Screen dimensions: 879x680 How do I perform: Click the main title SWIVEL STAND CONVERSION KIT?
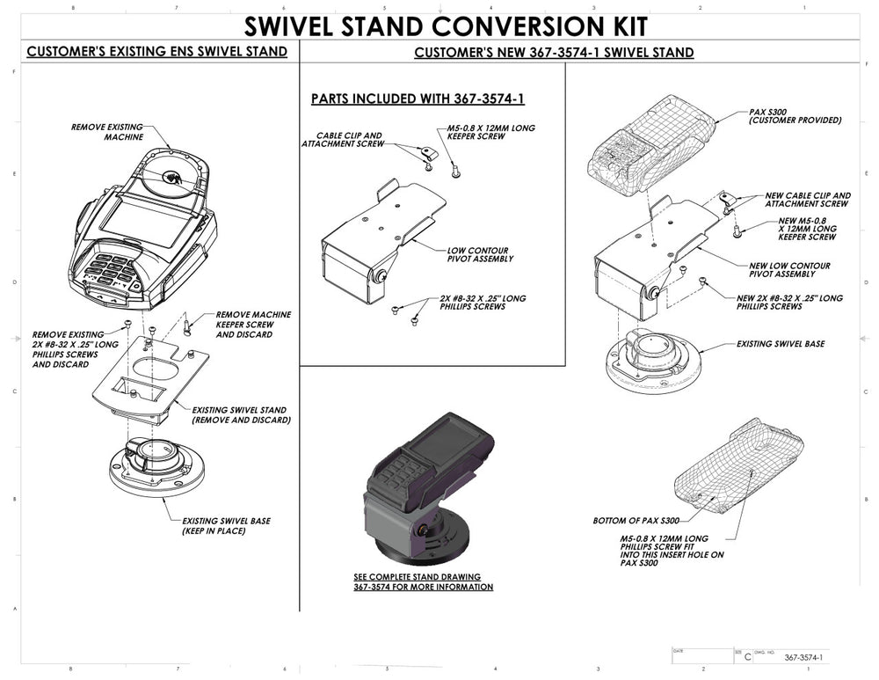click(x=446, y=26)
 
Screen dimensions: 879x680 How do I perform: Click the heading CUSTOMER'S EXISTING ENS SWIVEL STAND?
click(x=157, y=52)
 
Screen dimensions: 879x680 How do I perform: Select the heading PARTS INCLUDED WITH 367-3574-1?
click(x=418, y=99)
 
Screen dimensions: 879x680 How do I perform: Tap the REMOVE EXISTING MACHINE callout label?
click(x=107, y=132)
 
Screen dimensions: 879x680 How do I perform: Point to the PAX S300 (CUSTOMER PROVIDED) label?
click(x=795, y=116)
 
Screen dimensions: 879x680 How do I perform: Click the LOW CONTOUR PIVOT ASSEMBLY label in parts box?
click(x=480, y=255)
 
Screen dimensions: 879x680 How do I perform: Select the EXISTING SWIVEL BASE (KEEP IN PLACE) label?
click(x=226, y=526)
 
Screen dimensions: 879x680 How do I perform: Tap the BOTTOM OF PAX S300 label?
click(x=636, y=521)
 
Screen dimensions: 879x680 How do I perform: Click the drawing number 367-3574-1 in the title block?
click(x=803, y=657)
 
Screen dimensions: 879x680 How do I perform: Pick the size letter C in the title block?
click(x=747, y=657)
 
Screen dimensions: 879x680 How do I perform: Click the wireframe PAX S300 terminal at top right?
click(x=650, y=146)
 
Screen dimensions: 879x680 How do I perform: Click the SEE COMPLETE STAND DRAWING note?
click(x=424, y=581)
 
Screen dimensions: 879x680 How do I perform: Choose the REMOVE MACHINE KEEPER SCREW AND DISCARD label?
click(x=253, y=325)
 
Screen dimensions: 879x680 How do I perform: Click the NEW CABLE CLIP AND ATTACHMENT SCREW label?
click(x=807, y=200)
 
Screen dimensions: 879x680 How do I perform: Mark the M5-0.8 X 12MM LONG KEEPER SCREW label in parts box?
click(x=490, y=132)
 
